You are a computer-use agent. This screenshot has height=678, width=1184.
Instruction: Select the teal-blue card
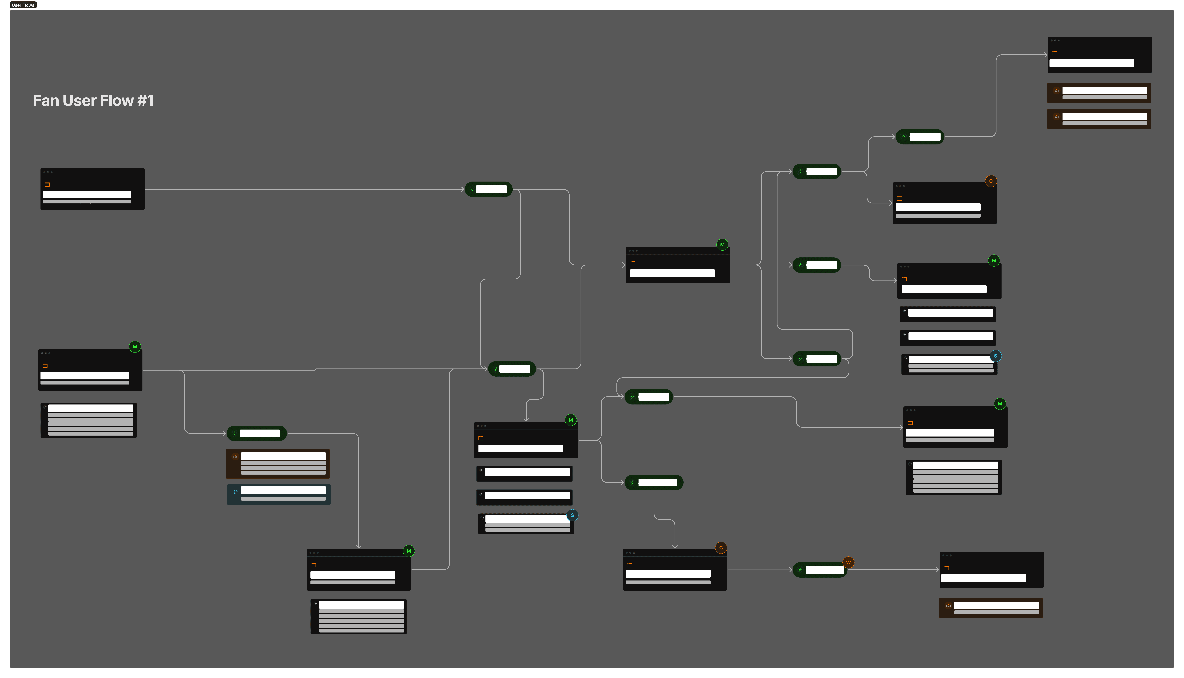click(x=278, y=494)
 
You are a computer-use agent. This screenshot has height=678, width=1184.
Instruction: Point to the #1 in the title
click(x=145, y=101)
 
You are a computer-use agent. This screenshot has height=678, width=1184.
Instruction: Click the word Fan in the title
click(x=45, y=101)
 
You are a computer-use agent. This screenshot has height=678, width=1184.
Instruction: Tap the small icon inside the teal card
click(x=236, y=492)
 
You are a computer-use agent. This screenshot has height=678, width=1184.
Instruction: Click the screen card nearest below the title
click(x=92, y=189)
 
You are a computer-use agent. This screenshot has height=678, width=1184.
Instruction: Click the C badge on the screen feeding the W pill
click(x=721, y=548)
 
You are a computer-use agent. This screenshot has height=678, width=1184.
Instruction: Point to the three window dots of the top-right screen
click(x=1055, y=41)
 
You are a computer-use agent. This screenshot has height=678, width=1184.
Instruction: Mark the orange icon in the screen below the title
click(x=47, y=184)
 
